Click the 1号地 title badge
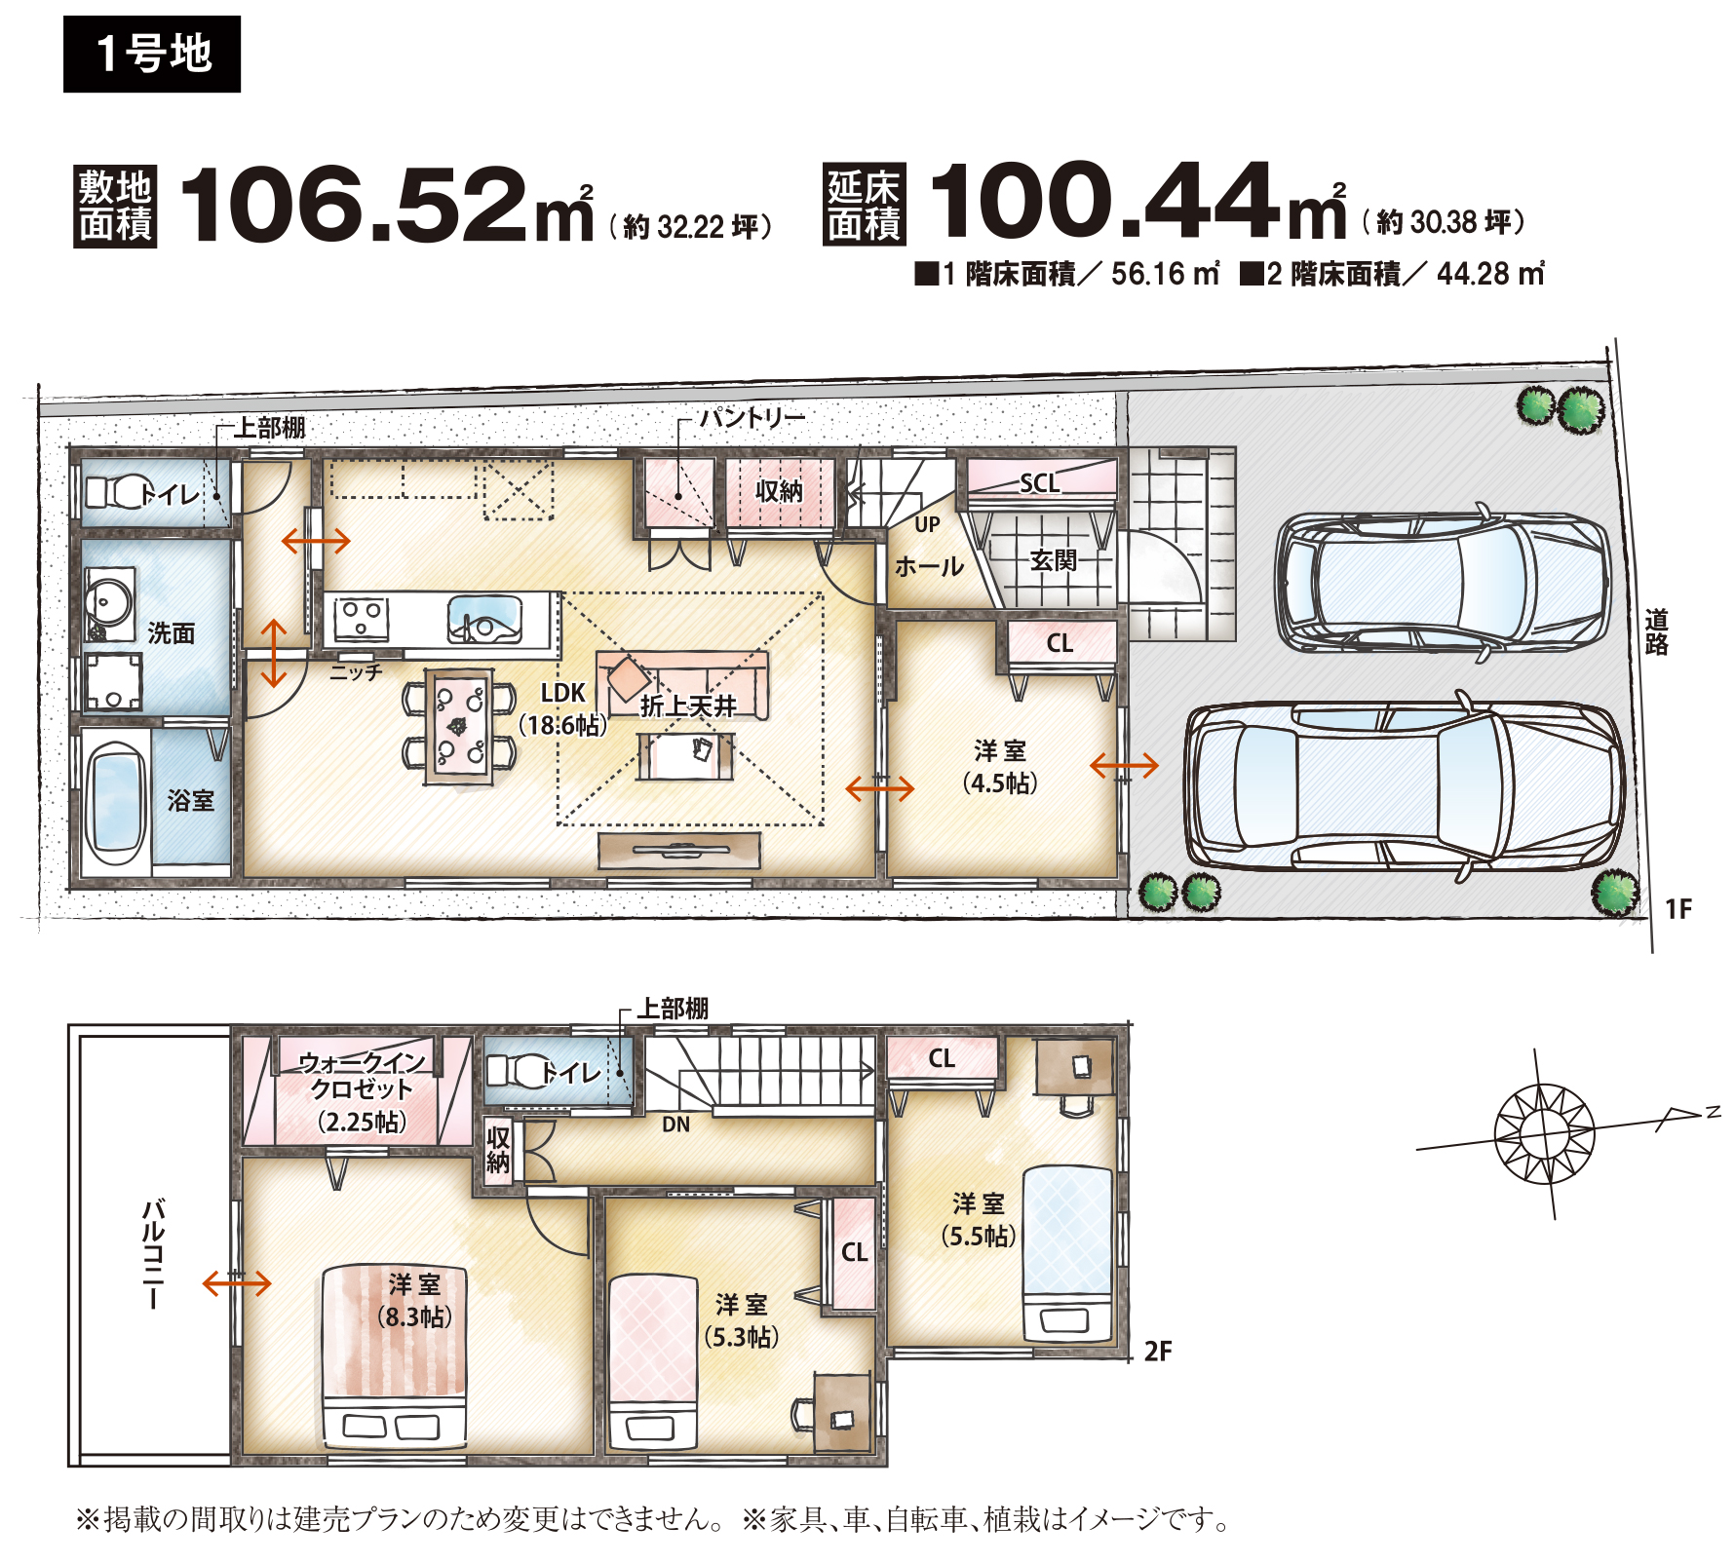152,54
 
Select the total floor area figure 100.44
1104,200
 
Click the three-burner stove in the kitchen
361,618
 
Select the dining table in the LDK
458,726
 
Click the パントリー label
752,418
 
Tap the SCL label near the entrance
1039,482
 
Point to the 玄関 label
1054,560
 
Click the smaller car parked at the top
1443,582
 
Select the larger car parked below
1405,785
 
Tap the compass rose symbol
1544,1133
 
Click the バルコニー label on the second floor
153,1254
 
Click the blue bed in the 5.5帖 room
1067,1253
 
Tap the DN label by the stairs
675,1125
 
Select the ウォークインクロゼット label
362,1075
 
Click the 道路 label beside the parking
1656,631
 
